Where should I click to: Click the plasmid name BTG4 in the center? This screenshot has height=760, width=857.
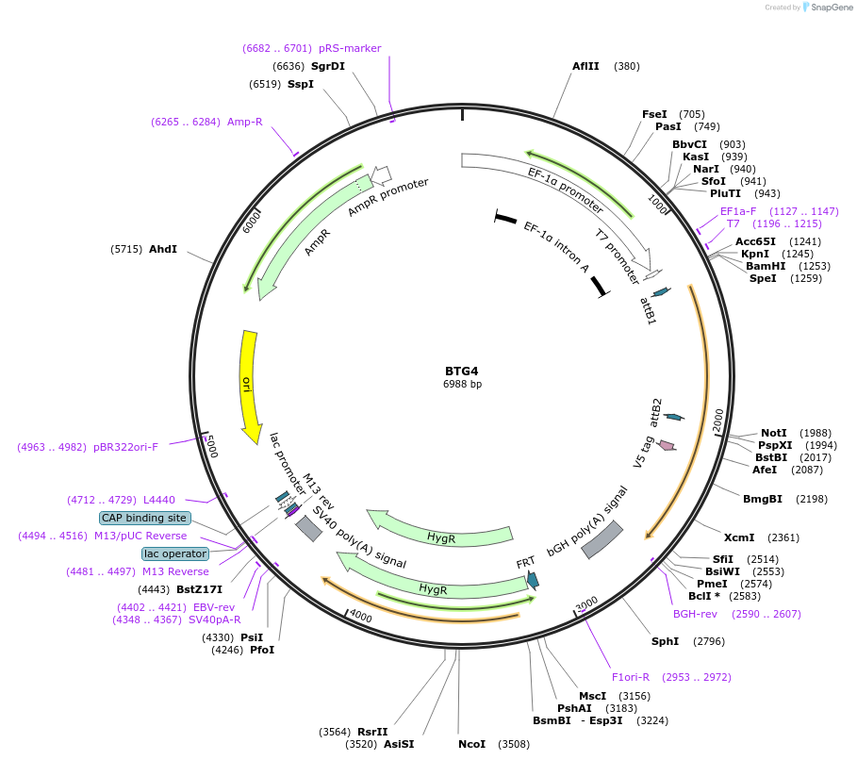[x=462, y=371]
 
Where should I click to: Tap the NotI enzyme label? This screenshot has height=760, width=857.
[x=773, y=432]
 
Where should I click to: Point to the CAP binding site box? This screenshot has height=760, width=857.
[x=145, y=518]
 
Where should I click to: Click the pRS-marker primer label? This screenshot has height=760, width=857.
[x=350, y=48]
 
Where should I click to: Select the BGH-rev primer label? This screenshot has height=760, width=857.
[x=695, y=613]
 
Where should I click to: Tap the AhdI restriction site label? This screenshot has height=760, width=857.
[x=163, y=249]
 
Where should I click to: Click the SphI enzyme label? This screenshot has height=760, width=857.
[x=665, y=641]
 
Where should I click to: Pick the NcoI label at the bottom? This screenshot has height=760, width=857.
[x=471, y=744]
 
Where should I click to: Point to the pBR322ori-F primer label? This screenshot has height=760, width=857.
[x=125, y=447]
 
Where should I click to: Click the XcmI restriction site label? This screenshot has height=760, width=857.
[x=739, y=537]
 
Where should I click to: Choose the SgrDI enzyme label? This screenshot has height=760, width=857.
[x=328, y=66]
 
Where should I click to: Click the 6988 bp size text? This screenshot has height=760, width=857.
[x=462, y=384]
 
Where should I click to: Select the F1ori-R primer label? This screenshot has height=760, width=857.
[x=631, y=677]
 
